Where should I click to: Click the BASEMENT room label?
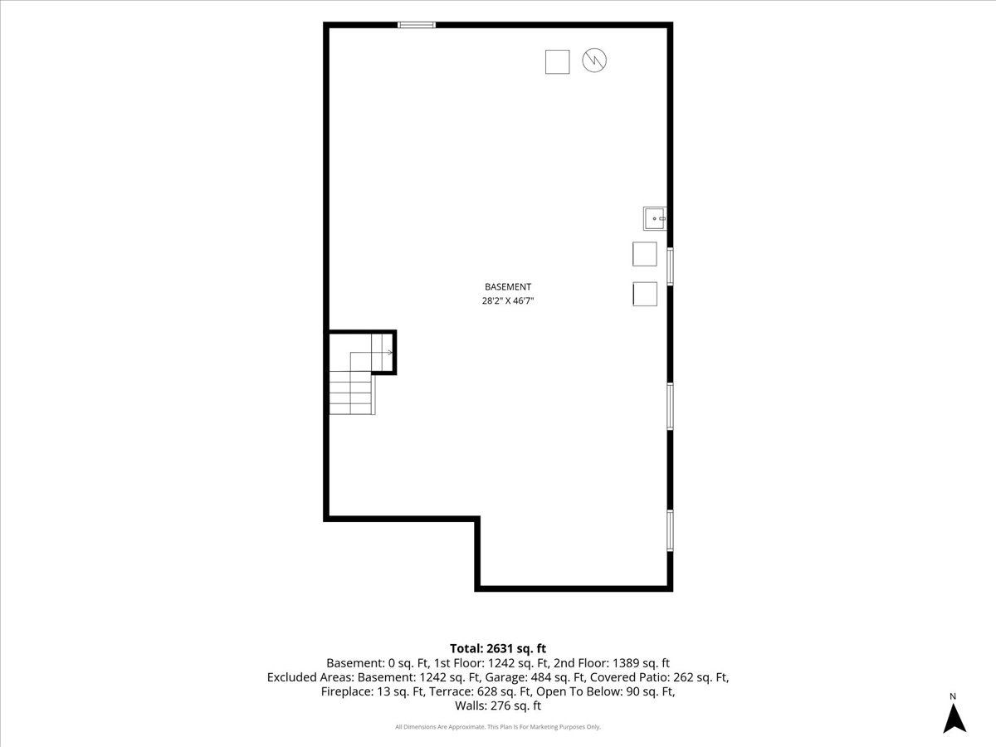coord(508,286)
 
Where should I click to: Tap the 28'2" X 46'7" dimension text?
coord(508,300)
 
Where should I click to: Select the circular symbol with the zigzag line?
coord(594,61)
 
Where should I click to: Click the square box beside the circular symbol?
coord(557,61)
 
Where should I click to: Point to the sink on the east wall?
coord(655,218)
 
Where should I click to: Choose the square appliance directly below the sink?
coord(645,254)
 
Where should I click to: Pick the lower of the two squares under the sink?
coord(645,294)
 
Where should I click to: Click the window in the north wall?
coord(417,25)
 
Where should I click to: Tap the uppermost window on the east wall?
coord(670,266)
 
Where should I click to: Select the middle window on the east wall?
coord(670,406)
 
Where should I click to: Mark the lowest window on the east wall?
coord(670,530)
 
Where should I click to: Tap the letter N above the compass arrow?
coord(953,696)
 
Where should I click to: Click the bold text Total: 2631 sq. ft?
coord(498,648)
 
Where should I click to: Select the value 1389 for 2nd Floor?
coord(626,663)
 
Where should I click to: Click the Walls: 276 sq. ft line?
coord(498,705)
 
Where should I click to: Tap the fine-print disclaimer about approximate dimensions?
coord(498,727)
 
